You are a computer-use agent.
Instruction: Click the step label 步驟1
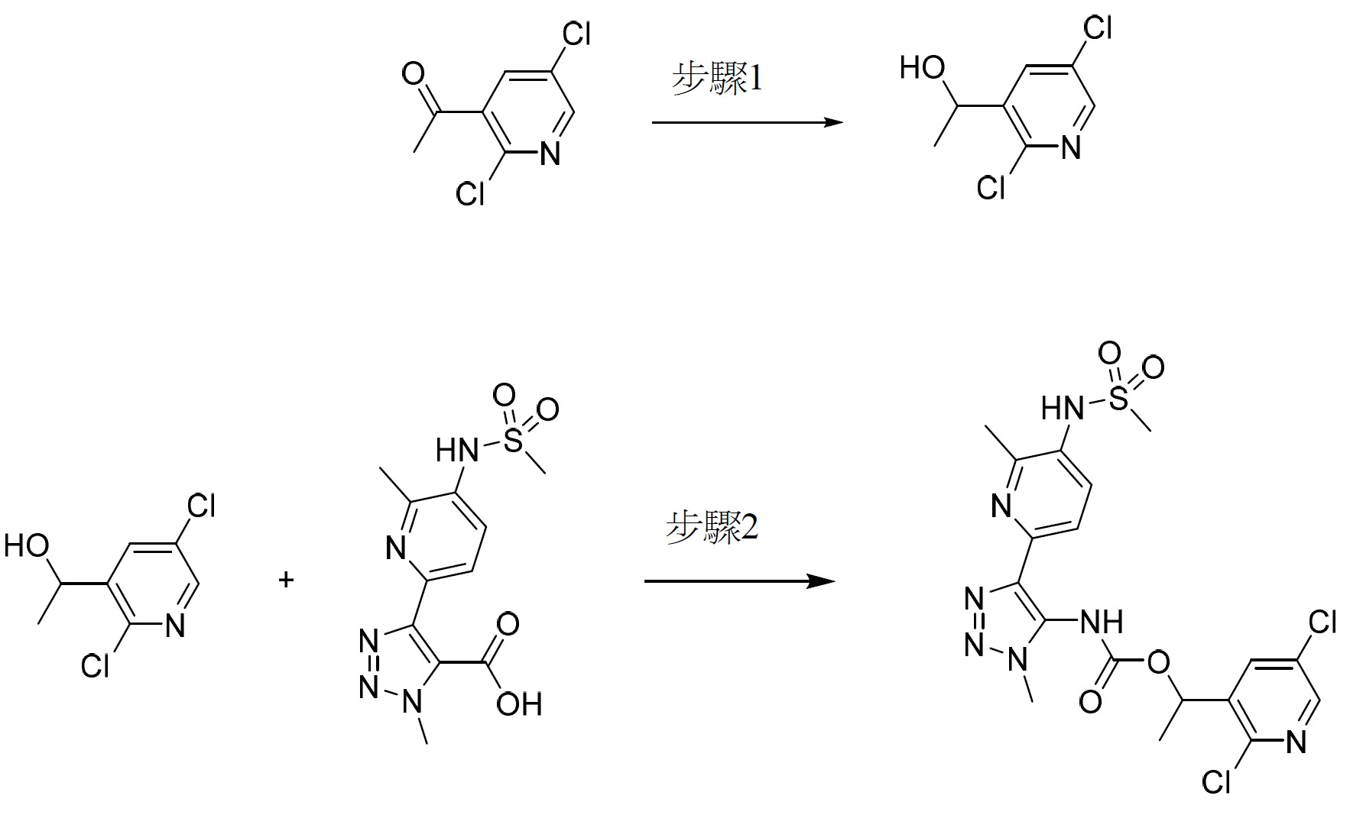point(716,79)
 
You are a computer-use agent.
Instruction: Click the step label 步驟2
point(712,527)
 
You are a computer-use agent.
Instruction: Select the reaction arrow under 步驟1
point(747,122)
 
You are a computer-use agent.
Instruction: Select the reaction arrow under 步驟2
point(739,581)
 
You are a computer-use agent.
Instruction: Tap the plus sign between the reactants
point(286,581)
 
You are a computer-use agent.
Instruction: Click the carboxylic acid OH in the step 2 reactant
point(519,703)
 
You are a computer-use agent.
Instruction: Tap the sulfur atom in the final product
point(1118,398)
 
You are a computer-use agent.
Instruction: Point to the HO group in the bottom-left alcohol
point(27,546)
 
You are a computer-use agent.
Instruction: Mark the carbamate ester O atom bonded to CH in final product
point(1160,662)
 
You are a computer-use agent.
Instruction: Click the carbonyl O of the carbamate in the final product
point(1091,700)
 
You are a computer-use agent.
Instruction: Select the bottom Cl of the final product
point(1216,782)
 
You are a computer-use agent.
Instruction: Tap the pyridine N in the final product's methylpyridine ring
point(1002,506)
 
